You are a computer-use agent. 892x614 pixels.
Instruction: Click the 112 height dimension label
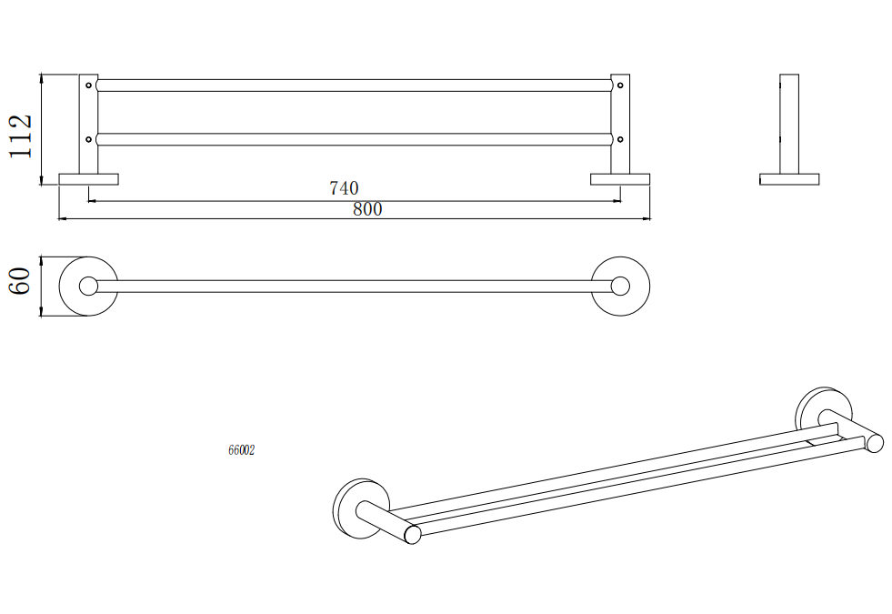pos(20,136)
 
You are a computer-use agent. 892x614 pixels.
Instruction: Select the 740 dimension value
pos(344,187)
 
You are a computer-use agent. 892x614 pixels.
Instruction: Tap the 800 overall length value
pos(367,209)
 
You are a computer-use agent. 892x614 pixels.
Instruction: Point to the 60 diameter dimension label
pos(20,280)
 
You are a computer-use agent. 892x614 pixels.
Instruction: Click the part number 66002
pos(241,450)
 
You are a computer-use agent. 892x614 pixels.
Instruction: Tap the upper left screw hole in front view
pos(88,86)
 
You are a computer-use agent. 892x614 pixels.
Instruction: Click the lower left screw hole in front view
pos(88,139)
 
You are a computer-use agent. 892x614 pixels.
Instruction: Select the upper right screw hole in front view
pos(620,86)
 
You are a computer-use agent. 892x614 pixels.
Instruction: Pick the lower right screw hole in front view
pos(620,139)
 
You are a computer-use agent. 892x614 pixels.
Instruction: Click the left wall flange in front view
pos(89,179)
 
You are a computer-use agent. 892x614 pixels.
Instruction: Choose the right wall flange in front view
pos(620,179)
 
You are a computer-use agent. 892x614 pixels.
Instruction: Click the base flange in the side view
pos(789,179)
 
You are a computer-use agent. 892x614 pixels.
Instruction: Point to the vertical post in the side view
pos(789,124)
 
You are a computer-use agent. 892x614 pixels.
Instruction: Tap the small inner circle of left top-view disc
pos(89,286)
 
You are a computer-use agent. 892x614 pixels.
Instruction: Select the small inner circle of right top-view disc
pos(620,286)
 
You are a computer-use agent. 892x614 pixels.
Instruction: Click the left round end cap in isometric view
pos(413,535)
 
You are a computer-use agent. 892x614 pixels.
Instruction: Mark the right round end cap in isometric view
pos(875,443)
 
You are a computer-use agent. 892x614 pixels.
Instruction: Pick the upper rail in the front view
pos(354,86)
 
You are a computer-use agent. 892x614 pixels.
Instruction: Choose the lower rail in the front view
pos(354,139)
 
